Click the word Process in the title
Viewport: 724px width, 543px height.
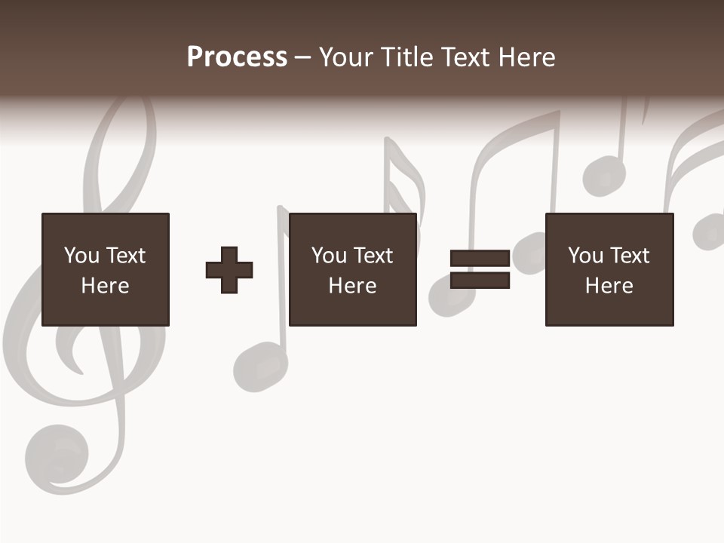(237, 57)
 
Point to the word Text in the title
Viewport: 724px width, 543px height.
(468, 57)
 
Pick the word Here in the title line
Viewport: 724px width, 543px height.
(527, 57)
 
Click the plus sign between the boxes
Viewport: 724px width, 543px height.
(229, 270)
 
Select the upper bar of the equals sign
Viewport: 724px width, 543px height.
(480, 258)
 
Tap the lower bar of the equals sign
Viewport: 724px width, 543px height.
(480, 281)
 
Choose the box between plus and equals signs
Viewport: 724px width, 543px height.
(353, 269)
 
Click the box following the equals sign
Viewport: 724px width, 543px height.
(609, 269)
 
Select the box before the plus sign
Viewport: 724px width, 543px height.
(106, 269)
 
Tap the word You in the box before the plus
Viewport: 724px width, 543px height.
(81, 256)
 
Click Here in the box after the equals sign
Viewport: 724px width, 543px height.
(609, 286)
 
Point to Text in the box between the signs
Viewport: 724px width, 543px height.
(373, 256)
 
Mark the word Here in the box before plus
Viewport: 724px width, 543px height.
(106, 286)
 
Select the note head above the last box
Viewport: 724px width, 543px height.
(604, 176)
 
